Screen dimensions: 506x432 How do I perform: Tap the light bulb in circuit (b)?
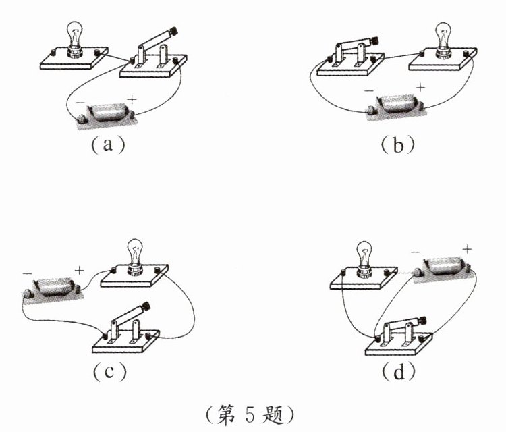[x=444, y=40]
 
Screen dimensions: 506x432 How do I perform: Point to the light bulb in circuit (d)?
[x=364, y=261]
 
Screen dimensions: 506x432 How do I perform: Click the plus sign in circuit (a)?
[x=132, y=99]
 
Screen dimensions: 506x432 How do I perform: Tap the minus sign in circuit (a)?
[x=80, y=103]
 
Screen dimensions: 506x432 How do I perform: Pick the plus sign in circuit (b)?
[x=420, y=88]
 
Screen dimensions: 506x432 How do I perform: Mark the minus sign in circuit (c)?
[x=28, y=274]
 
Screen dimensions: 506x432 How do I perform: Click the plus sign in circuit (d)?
[x=467, y=249]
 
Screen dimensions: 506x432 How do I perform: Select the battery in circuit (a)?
[x=107, y=115]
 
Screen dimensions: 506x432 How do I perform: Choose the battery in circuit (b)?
[x=395, y=107]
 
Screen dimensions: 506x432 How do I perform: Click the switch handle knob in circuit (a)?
[x=174, y=32]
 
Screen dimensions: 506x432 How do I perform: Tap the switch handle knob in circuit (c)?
[x=146, y=306]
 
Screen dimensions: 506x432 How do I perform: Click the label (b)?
[x=397, y=145]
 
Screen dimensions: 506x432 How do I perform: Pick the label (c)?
[x=109, y=372]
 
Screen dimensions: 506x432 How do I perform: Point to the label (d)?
[x=399, y=372]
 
